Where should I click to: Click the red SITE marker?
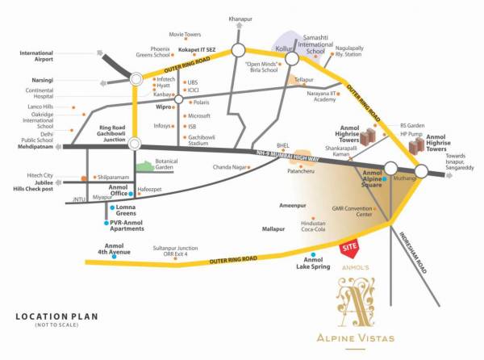coord(349,244)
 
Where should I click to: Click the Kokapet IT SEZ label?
coord(197,50)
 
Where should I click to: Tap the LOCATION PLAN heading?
coord(52,315)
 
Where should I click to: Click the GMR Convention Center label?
coord(353,211)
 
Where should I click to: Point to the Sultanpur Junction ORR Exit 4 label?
coord(170,251)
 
